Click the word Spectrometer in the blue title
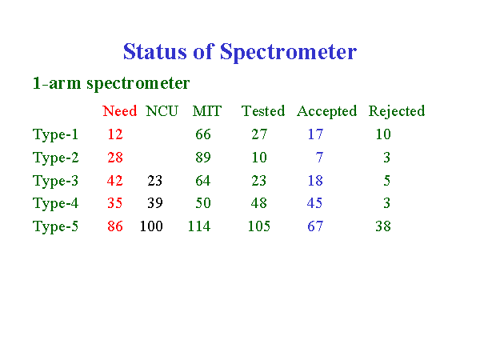(288, 52)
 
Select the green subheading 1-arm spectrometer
(111, 83)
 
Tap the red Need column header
(120, 111)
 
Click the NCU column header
(162, 111)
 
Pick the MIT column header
(207, 111)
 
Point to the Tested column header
(263, 111)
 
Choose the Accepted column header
(327, 111)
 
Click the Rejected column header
(397, 111)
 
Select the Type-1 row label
(55, 134)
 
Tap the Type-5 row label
(55, 227)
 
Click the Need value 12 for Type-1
(115, 134)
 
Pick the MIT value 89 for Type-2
(203, 158)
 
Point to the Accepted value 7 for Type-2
(319, 158)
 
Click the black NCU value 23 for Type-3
(155, 181)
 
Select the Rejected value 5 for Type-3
(387, 181)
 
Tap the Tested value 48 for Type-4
(259, 203)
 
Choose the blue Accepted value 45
(315, 203)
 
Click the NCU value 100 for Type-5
(151, 226)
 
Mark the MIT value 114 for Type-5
(199, 226)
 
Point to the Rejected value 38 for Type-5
(383, 226)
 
